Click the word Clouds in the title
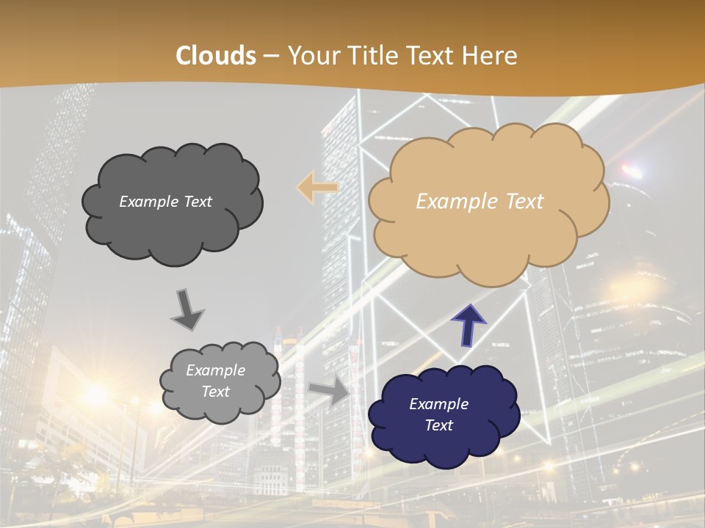pyautogui.click(x=216, y=56)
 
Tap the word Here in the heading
pyautogui.click(x=491, y=56)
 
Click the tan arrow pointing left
pyautogui.click(x=317, y=188)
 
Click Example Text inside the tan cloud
pyautogui.click(x=480, y=202)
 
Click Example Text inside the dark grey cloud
pyautogui.click(x=165, y=202)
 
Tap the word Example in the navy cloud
pyautogui.click(x=438, y=404)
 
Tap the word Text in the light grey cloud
pyautogui.click(x=215, y=392)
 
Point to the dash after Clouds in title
pyautogui.click(x=270, y=56)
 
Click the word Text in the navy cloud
pyautogui.click(x=438, y=425)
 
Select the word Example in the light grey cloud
pyautogui.click(x=215, y=370)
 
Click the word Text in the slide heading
pyautogui.click(x=432, y=56)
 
